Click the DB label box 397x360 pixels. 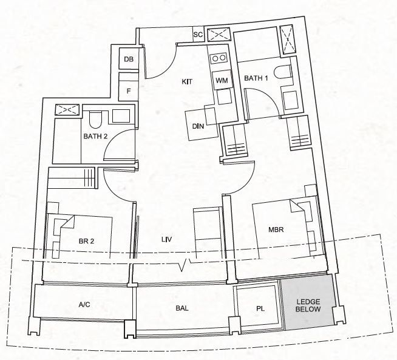point(128,59)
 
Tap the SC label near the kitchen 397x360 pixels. point(198,34)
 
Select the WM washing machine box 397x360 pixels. point(222,80)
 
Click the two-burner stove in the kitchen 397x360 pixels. point(219,58)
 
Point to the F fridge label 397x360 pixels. point(129,91)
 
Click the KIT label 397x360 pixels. point(187,82)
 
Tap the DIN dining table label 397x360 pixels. point(198,126)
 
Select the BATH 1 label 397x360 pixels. point(256,78)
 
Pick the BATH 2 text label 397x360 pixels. point(95,136)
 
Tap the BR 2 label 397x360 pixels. point(86,241)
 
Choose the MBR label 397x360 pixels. point(276,229)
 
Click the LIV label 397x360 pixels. point(167,239)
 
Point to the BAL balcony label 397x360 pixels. point(182,308)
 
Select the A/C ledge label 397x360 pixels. point(84,305)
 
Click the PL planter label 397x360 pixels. point(260,308)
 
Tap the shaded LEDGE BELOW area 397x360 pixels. point(309,302)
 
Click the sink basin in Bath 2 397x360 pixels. point(121,116)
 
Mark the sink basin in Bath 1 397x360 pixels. point(290,101)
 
